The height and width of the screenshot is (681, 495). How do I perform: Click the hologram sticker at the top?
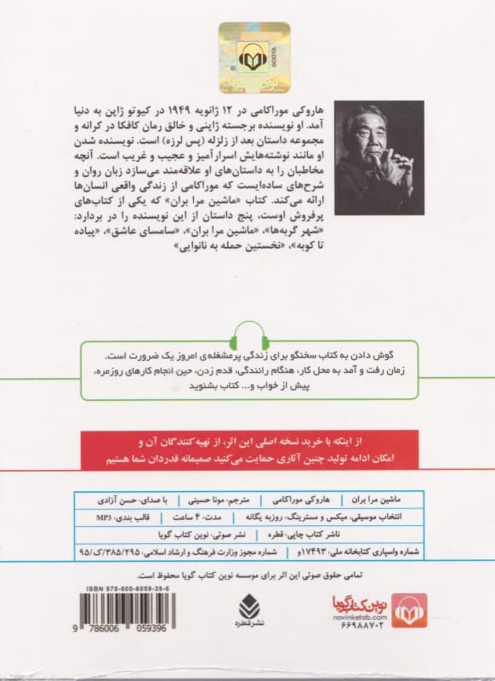[247, 54]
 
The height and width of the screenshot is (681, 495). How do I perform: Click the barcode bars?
[115, 617]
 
